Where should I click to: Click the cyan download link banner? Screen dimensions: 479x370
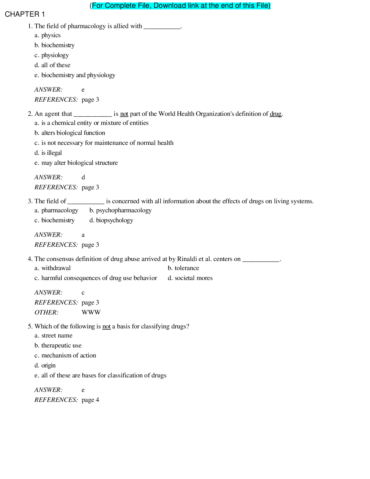[x=181, y=6]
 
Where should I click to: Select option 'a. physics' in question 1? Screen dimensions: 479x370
[x=47, y=35]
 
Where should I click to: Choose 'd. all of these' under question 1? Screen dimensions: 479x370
[x=52, y=65]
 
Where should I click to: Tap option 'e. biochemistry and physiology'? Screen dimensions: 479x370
[x=75, y=75]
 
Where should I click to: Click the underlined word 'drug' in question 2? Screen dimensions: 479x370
[x=275, y=114]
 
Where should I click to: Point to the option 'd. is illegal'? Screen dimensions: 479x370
[x=48, y=153]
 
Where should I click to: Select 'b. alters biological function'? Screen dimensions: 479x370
[x=70, y=133]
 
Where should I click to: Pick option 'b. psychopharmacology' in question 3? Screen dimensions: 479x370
[x=120, y=210]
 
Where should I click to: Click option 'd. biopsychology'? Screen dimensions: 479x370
[x=111, y=220]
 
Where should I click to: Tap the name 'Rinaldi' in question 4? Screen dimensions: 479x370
[x=187, y=259]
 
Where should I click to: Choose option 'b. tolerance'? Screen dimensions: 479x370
[x=183, y=268]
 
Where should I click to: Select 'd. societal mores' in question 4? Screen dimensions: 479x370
[x=190, y=278]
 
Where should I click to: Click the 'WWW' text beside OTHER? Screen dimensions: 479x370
[x=91, y=313]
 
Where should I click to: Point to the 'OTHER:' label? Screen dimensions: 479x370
[x=47, y=313]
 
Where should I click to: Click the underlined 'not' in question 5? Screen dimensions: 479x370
[x=106, y=327]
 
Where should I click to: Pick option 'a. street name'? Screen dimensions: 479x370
[x=54, y=336]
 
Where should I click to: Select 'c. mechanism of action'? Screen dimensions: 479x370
[x=65, y=356]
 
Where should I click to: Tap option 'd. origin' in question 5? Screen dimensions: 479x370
[x=45, y=366]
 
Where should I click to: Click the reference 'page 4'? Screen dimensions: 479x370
[x=90, y=400]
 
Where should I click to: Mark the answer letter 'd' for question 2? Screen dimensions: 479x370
[x=83, y=178]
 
